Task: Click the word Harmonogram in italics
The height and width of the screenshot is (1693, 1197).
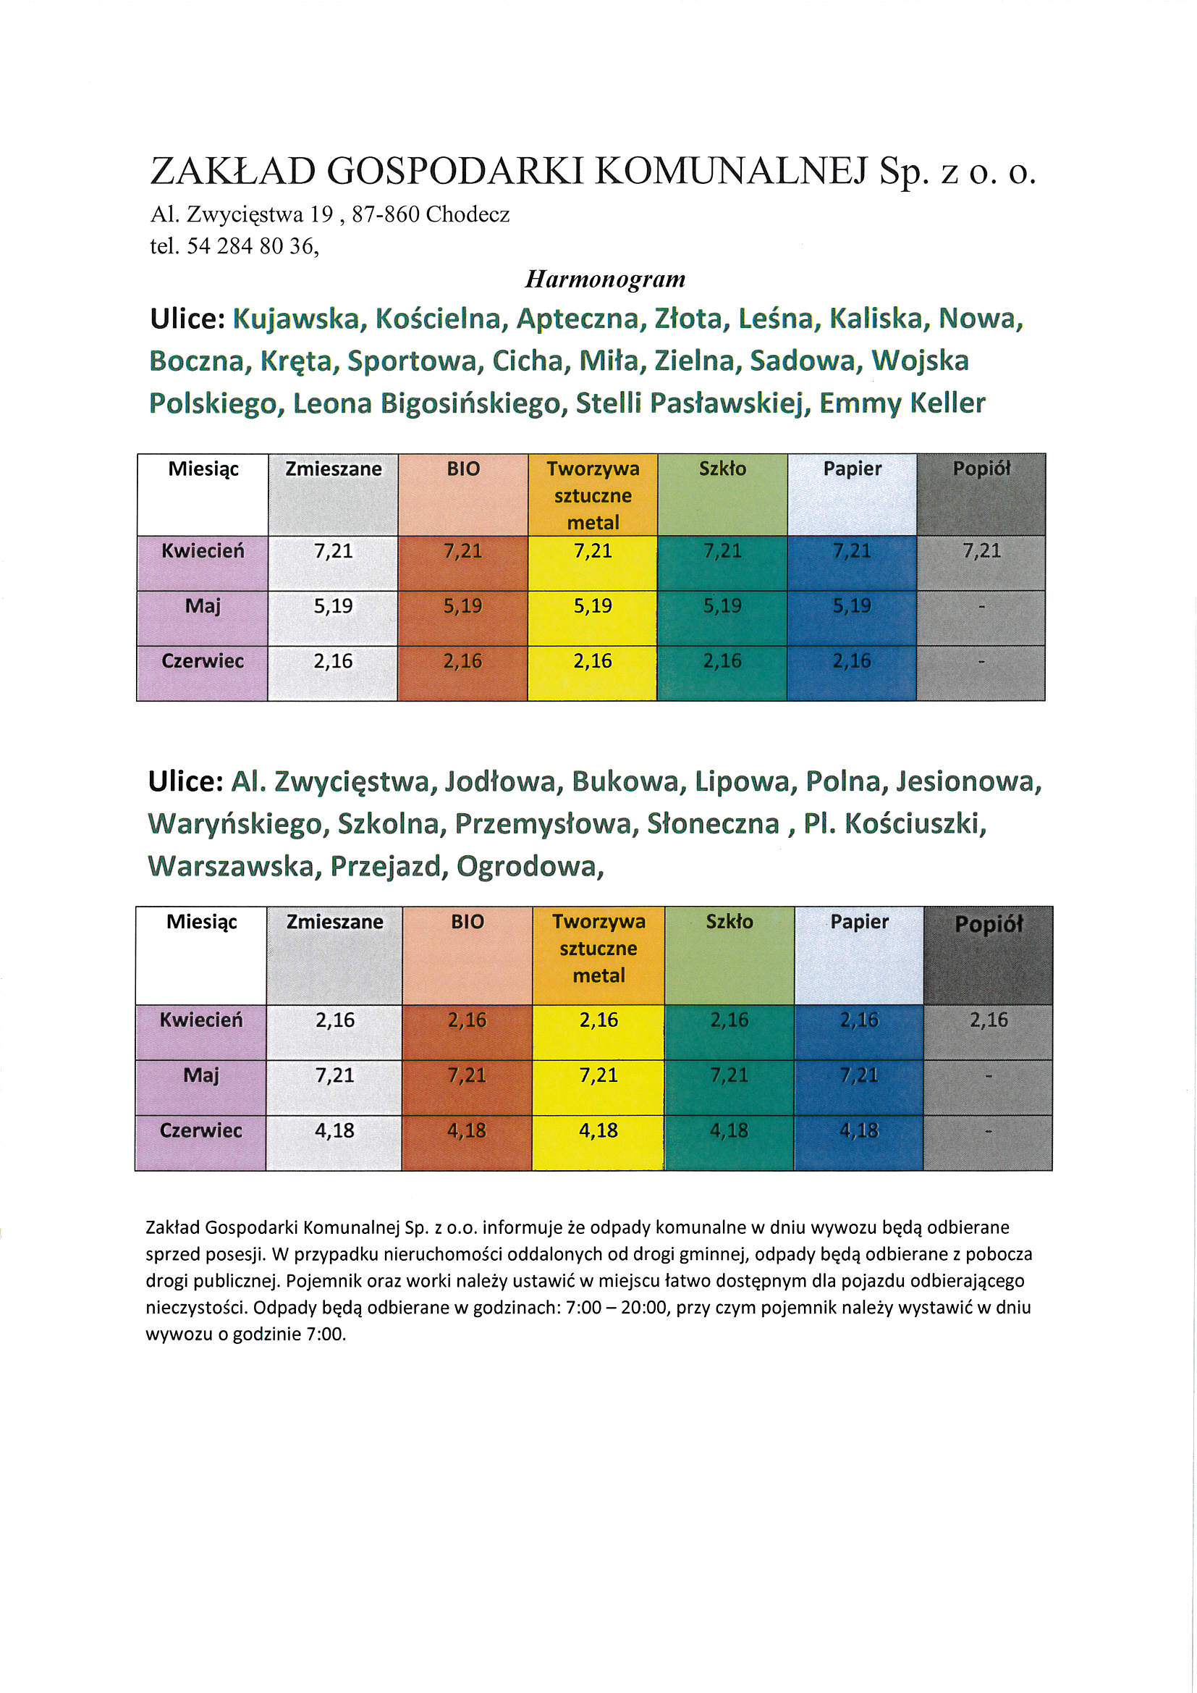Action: (604, 279)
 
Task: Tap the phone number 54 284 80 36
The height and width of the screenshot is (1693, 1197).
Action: (251, 245)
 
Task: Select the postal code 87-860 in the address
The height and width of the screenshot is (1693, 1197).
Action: (386, 214)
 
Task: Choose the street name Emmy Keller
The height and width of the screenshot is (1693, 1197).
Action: (902, 403)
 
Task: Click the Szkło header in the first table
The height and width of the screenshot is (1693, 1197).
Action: (722, 469)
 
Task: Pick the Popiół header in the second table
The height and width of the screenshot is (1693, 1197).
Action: (989, 925)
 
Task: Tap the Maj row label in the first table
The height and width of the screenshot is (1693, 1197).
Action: (203, 606)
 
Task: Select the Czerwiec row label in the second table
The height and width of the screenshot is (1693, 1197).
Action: (200, 1130)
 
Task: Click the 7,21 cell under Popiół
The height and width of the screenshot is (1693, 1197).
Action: (981, 551)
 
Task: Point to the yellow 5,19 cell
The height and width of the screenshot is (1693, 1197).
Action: (593, 606)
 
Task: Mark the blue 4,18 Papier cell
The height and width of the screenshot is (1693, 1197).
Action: (859, 1130)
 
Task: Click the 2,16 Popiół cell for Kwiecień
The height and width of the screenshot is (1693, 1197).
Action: (988, 1020)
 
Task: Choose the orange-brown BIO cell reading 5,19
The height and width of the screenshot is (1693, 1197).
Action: (463, 606)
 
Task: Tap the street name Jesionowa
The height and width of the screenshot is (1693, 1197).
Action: (968, 781)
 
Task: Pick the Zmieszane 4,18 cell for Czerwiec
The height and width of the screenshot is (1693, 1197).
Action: (334, 1130)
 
